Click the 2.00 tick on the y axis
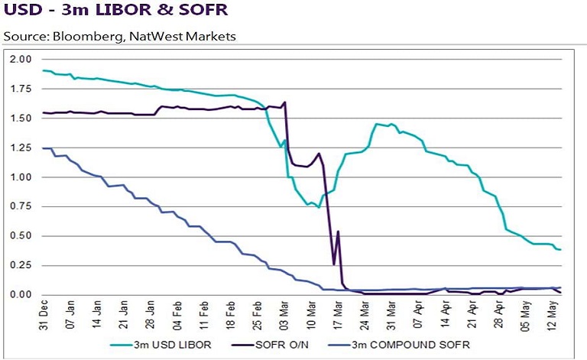(21, 60)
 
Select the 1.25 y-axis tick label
(21, 148)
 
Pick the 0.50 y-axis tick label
(21, 236)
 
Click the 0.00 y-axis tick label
(21, 295)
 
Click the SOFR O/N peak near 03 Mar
(285, 102)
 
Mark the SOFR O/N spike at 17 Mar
(338, 232)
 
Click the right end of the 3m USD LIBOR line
(560, 250)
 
